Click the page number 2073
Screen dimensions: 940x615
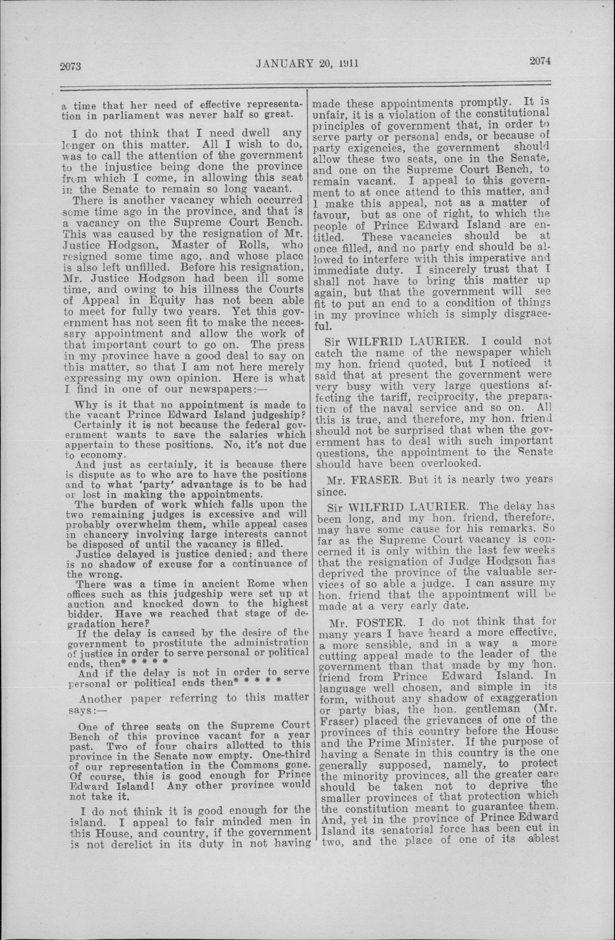(x=70, y=66)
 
